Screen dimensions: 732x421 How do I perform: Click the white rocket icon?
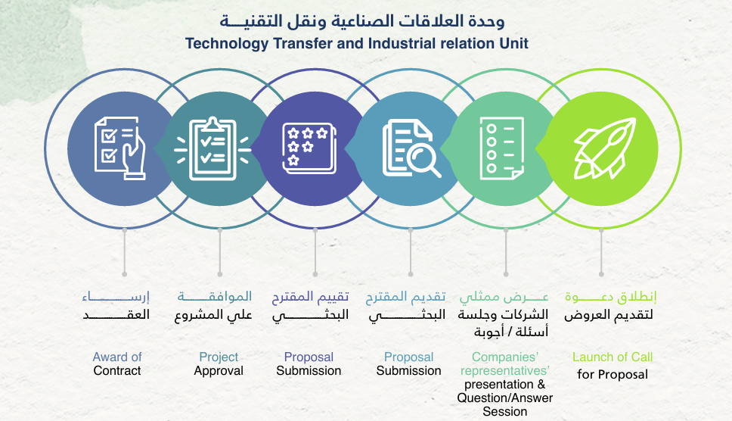pyautogui.click(x=605, y=148)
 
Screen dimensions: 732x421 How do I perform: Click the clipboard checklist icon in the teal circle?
pyautogui.click(x=212, y=148)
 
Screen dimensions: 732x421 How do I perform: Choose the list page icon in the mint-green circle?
pyautogui.click(x=502, y=148)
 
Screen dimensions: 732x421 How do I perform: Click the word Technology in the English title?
pyautogui.click(x=227, y=43)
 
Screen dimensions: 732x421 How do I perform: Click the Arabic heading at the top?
pyautogui.click(x=362, y=21)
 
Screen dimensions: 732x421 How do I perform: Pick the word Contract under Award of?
pyautogui.click(x=117, y=370)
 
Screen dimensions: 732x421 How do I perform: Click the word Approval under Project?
pyautogui.click(x=219, y=371)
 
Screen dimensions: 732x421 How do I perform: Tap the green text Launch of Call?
pyautogui.click(x=613, y=357)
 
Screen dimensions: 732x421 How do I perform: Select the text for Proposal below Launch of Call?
pyautogui.click(x=613, y=375)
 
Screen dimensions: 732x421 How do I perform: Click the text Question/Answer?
pyautogui.click(x=504, y=398)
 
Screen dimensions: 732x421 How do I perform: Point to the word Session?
pyautogui.click(x=504, y=412)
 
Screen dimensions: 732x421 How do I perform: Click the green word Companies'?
pyautogui.click(x=504, y=357)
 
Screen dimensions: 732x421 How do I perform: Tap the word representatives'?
pyautogui.click(x=504, y=371)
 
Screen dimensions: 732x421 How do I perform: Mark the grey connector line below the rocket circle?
pyautogui.click(x=601, y=252)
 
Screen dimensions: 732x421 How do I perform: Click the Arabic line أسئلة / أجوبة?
pyautogui.click(x=511, y=332)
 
